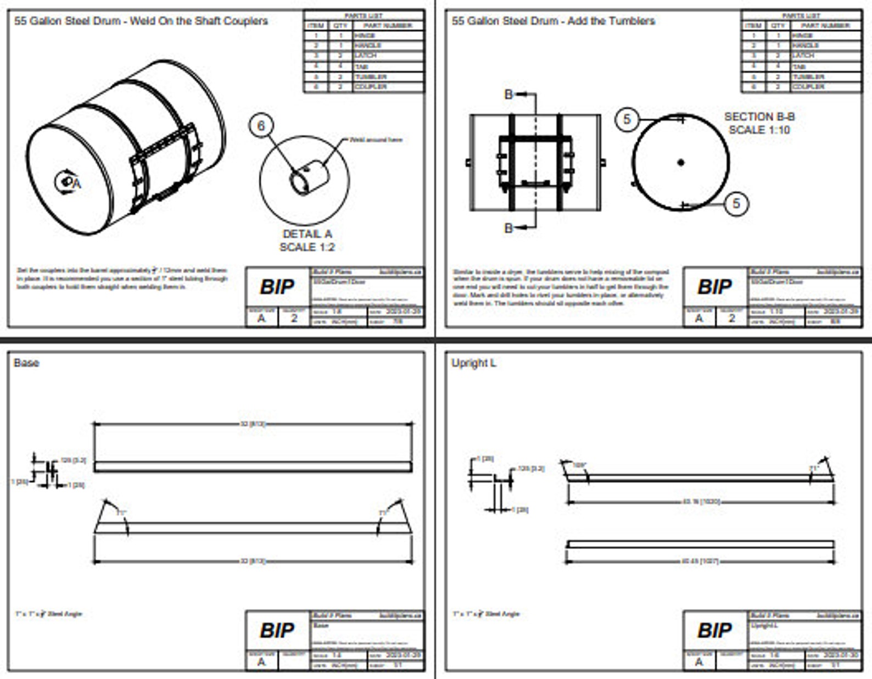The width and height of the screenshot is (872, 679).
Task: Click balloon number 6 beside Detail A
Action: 261,126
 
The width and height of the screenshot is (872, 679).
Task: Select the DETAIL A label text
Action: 307,234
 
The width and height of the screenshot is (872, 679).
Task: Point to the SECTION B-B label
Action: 759,117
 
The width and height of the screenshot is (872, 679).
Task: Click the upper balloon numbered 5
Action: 627,119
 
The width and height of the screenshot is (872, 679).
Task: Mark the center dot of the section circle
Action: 681,162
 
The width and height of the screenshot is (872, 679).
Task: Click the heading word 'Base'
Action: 26,363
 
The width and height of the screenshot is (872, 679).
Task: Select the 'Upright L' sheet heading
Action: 473,363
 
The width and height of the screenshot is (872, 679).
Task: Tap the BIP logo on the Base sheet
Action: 277,630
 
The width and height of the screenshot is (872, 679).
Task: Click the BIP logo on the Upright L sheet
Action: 714,630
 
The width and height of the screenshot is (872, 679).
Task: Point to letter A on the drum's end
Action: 76,184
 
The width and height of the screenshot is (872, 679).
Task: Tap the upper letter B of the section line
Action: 508,94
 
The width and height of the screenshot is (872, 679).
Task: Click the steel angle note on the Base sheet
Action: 48,614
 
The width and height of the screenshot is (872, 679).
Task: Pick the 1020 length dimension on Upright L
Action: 701,502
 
